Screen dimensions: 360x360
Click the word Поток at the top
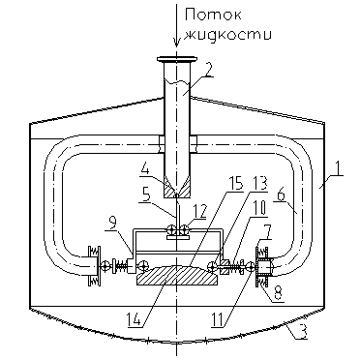pos(213,15)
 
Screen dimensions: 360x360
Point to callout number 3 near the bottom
pos(302,332)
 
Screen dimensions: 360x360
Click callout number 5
pos(146,196)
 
